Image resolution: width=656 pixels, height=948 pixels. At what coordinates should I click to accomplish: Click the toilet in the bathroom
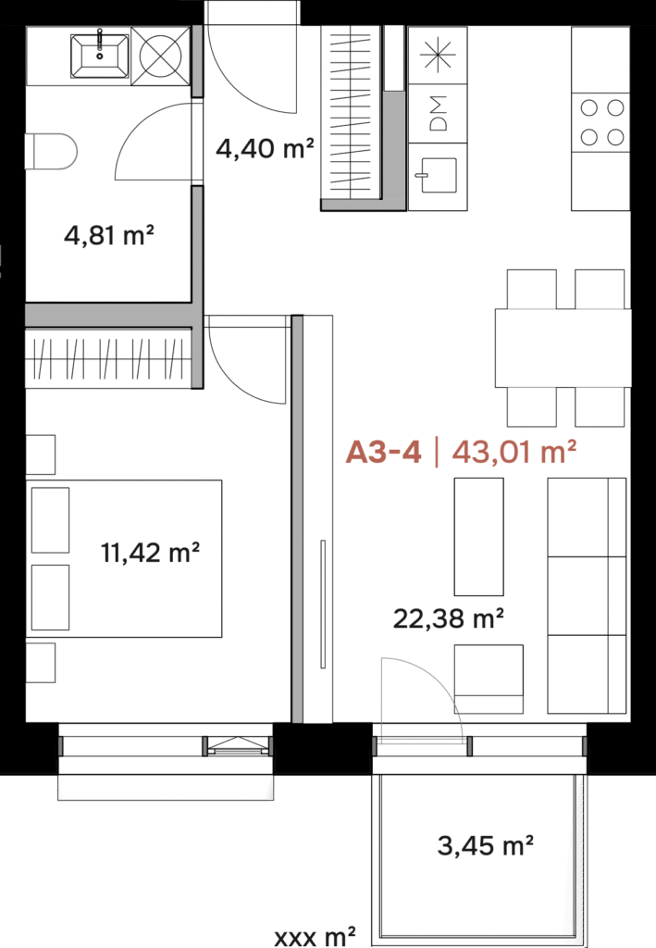click(x=51, y=151)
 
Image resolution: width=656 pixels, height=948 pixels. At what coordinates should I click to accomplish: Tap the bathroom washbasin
click(x=100, y=56)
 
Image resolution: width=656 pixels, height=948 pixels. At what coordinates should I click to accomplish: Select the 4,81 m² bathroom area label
click(x=109, y=234)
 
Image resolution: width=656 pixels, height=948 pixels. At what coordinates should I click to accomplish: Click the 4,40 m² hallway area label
click(x=265, y=147)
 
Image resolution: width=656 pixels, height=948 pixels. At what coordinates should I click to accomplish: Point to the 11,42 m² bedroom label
click(x=151, y=552)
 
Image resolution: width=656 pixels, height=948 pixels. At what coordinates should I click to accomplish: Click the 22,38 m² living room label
click(x=448, y=617)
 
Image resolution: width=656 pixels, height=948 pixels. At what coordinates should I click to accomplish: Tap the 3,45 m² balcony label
click(x=485, y=845)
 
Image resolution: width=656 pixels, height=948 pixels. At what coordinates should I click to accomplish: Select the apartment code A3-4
click(x=383, y=452)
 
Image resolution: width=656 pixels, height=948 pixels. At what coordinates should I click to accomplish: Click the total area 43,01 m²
click(x=514, y=452)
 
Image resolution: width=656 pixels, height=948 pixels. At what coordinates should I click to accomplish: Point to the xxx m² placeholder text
click(x=314, y=937)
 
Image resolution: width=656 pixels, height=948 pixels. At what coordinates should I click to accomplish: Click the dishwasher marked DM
click(x=438, y=113)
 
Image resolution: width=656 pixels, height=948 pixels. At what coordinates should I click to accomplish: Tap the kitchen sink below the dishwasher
click(x=438, y=175)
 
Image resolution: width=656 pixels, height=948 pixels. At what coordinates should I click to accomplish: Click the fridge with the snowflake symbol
click(x=438, y=55)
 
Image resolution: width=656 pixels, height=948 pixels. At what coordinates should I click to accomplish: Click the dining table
click(x=563, y=348)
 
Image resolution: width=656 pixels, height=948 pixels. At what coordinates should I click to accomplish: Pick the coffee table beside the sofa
click(x=478, y=536)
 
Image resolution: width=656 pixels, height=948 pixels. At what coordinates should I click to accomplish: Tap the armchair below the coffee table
click(x=489, y=679)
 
